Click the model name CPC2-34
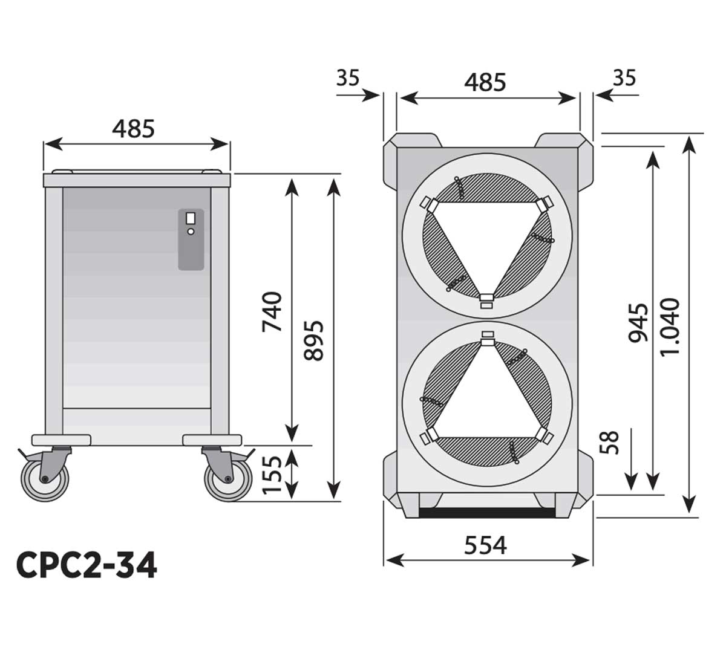point(87,565)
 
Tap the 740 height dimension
point(272,311)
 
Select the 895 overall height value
point(314,340)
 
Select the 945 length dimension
point(638,323)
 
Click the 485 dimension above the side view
point(134,128)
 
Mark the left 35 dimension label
point(348,78)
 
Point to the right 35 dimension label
point(625,78)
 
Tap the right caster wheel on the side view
point(228,479)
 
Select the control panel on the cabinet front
point(191,239)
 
